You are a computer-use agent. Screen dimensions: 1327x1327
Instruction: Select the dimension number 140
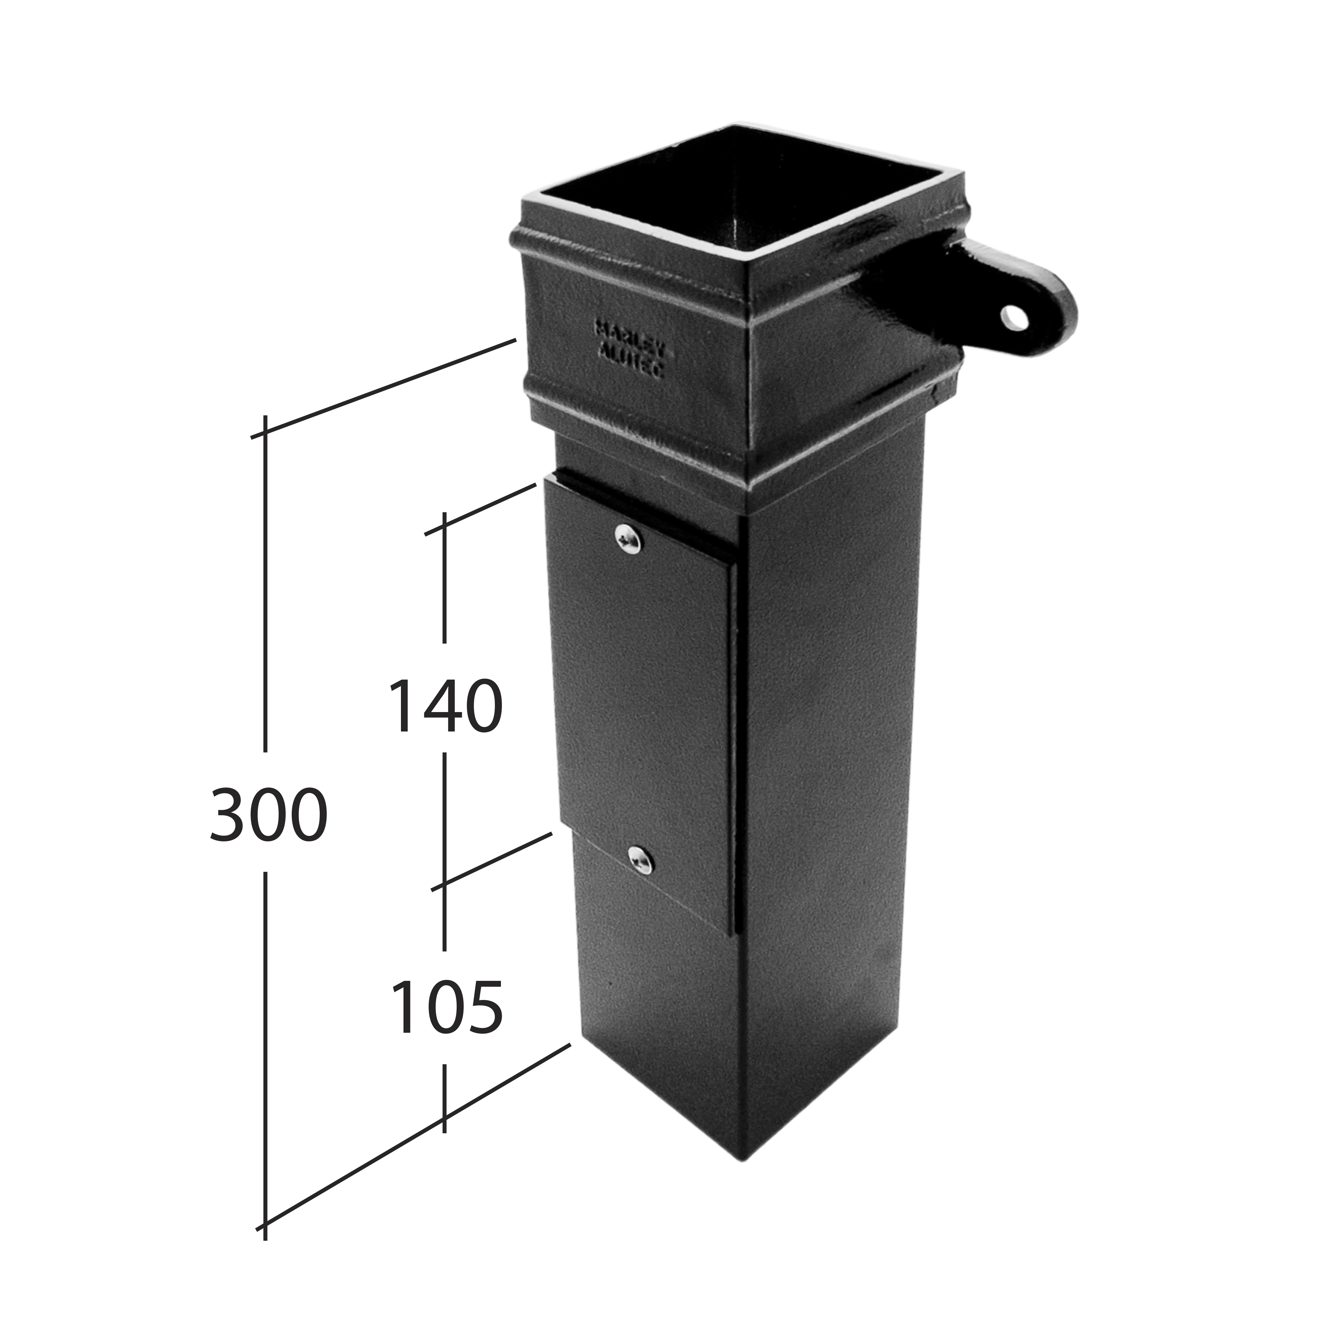click(x=445, y=706)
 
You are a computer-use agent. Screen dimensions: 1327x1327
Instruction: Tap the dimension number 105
click(x=446, y=1007)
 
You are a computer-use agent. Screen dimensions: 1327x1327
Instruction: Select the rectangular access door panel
click(x=642, y=694)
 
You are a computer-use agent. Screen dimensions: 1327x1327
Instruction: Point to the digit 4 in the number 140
click(x=444, y=706)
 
